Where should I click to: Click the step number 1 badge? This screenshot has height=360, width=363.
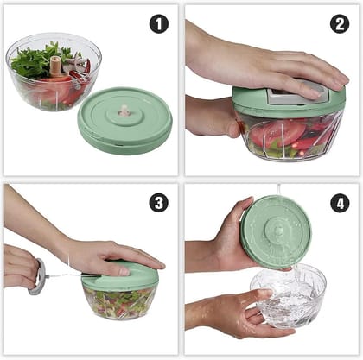coord(158,24)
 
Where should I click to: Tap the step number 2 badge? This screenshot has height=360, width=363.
coord(340,24)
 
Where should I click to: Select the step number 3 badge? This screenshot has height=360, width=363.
coord(158,203)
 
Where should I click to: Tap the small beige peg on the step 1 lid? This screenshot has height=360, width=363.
coord(124,111)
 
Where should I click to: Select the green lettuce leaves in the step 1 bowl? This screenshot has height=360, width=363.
coord(35,60)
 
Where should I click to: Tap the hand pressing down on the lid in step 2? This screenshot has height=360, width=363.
coord(277,65)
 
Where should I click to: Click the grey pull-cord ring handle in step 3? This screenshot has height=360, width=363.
coord(37,277)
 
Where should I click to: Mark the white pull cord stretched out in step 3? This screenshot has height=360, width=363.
coord(65,276)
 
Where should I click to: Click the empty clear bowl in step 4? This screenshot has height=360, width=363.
coord(288,298)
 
